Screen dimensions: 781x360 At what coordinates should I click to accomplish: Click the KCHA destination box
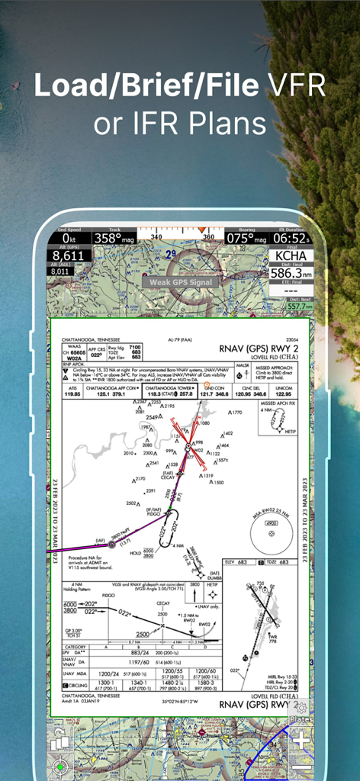click(294, 256)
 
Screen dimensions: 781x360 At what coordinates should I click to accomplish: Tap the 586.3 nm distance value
click(294, 273)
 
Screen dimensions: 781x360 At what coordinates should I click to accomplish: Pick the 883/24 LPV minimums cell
click(140, 653)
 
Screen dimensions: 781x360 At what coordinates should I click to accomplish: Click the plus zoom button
click(301, 739)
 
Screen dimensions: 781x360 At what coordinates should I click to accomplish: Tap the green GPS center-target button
click(61, 766)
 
